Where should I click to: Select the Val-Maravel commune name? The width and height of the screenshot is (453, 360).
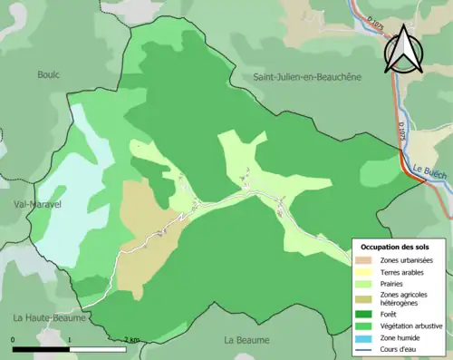click(x=31, y=205)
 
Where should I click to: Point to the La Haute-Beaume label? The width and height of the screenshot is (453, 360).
click(x=49, y=318)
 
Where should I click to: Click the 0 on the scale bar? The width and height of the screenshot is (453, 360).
click(x=14, y=340)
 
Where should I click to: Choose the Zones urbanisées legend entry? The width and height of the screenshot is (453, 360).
click(x=406, y=260)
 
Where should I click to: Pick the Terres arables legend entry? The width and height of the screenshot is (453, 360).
click(x=401, y=272)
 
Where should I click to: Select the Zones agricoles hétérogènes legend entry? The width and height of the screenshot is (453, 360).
click(x=404, y=298)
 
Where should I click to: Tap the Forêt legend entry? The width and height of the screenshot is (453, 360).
click(x=390, y=315)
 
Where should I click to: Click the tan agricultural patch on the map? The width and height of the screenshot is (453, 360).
click(x=143, y=227)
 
